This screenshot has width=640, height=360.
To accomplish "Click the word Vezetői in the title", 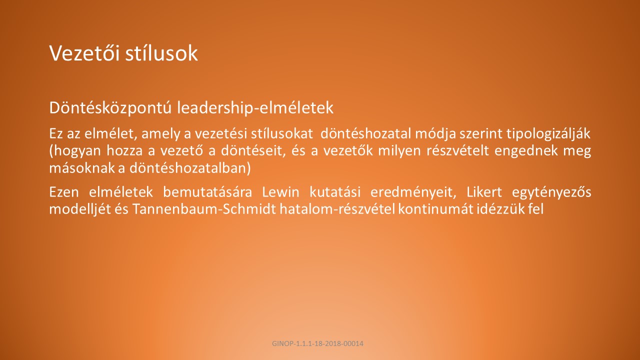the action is (84, 53).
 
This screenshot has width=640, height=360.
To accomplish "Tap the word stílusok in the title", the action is (161, 53).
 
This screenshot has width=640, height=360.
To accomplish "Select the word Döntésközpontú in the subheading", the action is (110, 107).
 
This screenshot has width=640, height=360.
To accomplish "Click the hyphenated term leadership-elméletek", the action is (255, 107).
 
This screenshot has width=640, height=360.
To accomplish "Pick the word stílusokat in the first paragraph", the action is (281, 133).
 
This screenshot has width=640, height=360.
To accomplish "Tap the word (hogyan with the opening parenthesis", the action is (75, 151).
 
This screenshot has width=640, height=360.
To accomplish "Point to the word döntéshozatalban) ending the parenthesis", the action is (190, 168).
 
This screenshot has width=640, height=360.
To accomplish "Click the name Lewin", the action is (280, 192).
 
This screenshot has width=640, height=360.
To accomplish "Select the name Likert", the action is (484, 192).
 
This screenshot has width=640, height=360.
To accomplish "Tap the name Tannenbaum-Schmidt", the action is (204, 209).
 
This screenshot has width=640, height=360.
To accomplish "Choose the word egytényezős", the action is (551, 192).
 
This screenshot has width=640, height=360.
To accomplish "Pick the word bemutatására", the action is (207, 192).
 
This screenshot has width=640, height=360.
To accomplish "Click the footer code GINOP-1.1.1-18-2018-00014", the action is (317, 343).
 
